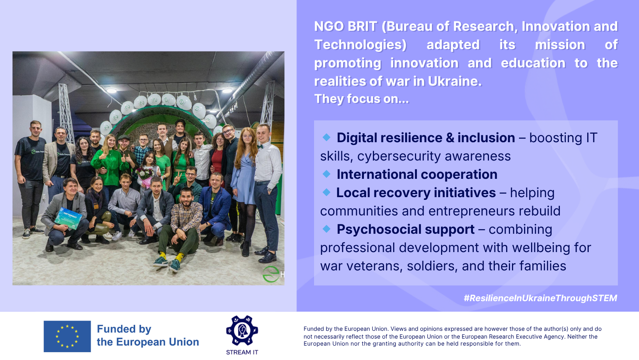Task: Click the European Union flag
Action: point(67,336)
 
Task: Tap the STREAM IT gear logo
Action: point(242,331)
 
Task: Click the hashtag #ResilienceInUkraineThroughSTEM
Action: point(540,298)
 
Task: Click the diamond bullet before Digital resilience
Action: point(327,138)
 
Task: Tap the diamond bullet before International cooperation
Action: point(327,174)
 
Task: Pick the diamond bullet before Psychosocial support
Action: point(327,229)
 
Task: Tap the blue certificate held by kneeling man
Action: point(69,219)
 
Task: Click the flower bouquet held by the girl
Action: point(145,174)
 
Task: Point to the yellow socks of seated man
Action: point(171,256)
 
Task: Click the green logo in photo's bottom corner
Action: point(271,274)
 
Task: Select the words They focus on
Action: point(362,99)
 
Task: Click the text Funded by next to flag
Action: point(124,329)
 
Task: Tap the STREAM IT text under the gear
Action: point(242,352)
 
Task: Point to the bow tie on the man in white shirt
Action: point(260,146)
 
